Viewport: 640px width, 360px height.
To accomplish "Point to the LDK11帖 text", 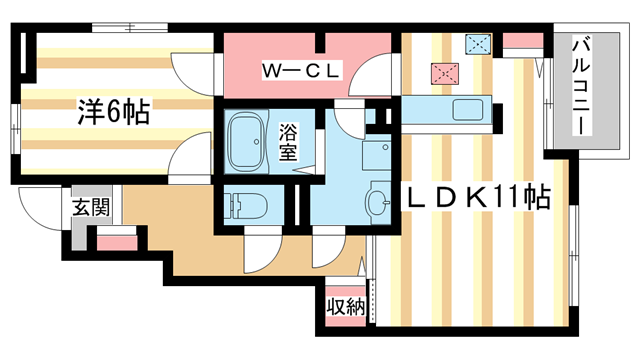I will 477,197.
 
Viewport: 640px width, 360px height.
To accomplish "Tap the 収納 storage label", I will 345,307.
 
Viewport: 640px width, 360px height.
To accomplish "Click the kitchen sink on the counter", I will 467,109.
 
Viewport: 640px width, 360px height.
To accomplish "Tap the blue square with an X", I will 478,43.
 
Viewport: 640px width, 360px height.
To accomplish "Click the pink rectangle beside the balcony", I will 519,42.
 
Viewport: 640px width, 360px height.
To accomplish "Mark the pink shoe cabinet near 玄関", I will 116,241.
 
